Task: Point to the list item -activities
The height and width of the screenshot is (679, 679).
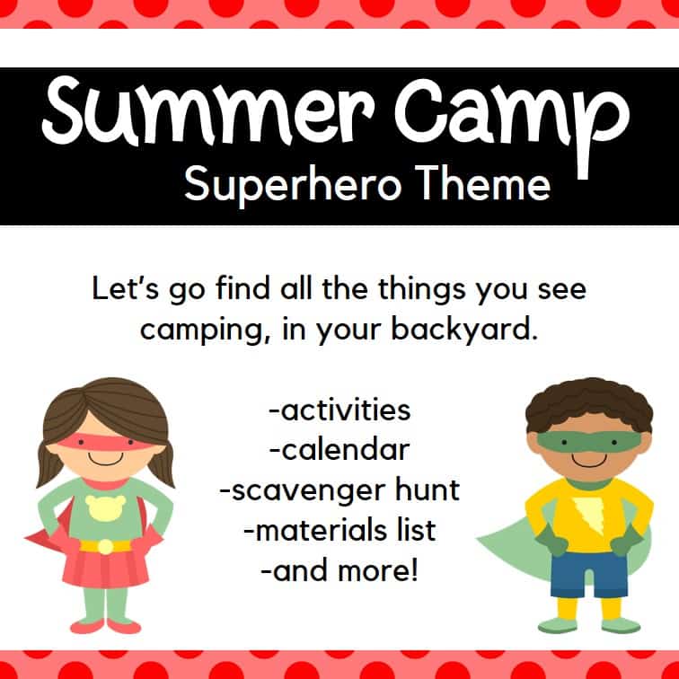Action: tap(339, 410)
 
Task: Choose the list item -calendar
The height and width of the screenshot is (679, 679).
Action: tap(339, 449)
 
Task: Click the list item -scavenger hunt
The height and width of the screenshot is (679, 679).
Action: tap(339, 490)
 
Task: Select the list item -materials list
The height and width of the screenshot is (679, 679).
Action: tap(339, 530)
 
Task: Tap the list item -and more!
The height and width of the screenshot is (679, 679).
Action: tap(339, 569)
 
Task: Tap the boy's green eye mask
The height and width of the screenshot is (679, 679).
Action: tap(588, 443)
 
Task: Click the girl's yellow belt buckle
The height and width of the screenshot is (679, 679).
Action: tap(106, 546)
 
